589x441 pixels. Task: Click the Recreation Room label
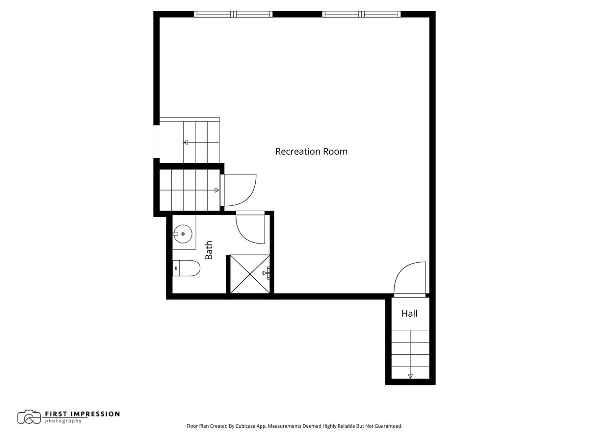311,151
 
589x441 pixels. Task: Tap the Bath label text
209,250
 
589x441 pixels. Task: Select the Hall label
409,313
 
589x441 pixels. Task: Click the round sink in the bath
183,234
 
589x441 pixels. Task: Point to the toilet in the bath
188,269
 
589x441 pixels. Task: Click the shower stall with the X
250,274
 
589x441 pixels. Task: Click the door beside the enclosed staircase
239,190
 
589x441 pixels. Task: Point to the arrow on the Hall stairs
410,376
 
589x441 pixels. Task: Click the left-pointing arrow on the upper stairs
186,143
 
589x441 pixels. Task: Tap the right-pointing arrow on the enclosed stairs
216,190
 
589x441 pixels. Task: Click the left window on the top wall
234,14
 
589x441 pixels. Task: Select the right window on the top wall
361,14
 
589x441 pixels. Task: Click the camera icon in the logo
29,417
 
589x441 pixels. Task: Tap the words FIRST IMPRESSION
82,414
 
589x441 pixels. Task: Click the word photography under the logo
63,421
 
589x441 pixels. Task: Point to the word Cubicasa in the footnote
249,426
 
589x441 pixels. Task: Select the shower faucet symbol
267,273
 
